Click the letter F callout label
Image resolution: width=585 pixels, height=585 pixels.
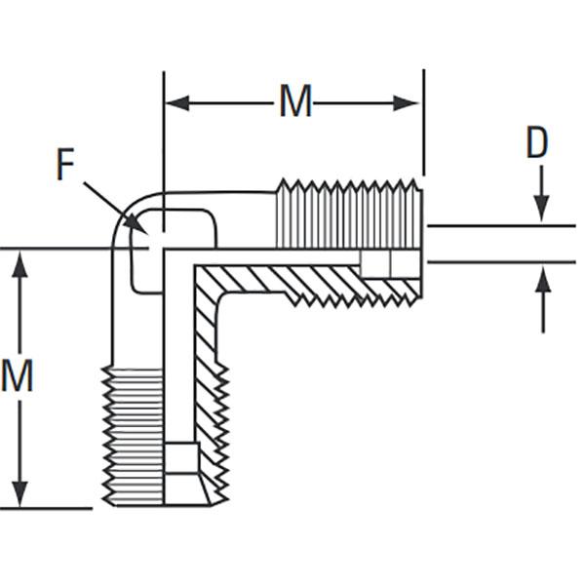pos(65,164)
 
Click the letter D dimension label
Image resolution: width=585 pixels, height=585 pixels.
pos(536,141)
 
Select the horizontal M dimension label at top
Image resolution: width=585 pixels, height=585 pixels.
pos(295,100)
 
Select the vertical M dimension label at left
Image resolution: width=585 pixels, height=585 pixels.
pos(18,375)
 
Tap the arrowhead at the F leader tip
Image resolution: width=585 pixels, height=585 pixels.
pos(136,224)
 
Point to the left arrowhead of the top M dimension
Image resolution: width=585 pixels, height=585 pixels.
pos(177,103)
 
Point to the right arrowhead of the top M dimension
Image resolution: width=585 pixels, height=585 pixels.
pos(406,103)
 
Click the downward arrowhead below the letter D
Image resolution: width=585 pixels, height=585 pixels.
pos(542,209)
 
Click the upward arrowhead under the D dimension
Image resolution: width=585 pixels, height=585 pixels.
pos(543,280)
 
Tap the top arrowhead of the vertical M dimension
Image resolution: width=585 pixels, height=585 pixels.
pos(19,264)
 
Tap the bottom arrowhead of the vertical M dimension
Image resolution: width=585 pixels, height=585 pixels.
pos(19,494)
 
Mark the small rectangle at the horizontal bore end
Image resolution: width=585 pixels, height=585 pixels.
pos(391,264)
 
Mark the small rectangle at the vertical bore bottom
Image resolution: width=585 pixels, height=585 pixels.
pos(181,458)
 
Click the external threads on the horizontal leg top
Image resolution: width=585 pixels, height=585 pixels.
pos(350,214)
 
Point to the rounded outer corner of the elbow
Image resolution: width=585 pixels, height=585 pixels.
pos(126,212)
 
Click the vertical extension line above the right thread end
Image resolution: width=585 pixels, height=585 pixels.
pos(423,122)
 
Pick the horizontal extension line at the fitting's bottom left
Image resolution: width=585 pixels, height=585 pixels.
pos(46,508)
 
